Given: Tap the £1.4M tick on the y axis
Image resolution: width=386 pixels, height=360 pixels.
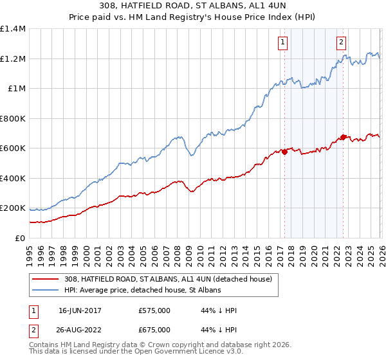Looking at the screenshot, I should [x=13, y=29].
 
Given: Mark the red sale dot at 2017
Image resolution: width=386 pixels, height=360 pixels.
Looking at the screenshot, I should [x=284, y=152].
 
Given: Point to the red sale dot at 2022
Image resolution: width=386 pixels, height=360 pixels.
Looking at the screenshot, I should [x=344, y=137].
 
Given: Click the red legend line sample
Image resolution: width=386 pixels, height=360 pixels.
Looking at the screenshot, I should [x=45, y=279].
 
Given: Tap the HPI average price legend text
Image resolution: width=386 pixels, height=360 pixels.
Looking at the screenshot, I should [x=142, y=291].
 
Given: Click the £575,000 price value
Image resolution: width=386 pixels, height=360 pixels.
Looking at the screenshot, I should [x=154, y=310].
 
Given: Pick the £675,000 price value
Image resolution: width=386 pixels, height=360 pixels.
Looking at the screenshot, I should [x=154, y=330].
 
